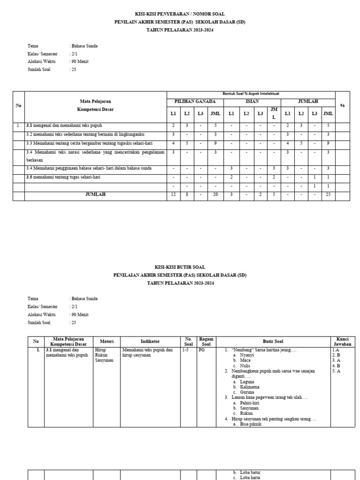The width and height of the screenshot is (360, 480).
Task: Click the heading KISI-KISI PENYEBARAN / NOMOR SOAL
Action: tap(180, 14)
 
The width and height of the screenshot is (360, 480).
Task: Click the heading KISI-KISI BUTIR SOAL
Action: tap(180, 267)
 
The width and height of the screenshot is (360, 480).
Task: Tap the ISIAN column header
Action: tap(252, 101)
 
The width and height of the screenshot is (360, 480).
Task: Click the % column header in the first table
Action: tap(342, 105)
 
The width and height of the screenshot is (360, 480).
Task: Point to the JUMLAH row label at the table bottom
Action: tap(96, 195)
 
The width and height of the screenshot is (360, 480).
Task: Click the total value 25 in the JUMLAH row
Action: tap(328, 195)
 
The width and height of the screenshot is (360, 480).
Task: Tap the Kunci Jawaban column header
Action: tap(342, 341)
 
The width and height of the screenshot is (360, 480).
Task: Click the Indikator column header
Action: tap(150, 341)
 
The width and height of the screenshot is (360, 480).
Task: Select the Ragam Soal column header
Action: tap(206, 341)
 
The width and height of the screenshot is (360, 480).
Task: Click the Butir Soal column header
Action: tap(273, 341)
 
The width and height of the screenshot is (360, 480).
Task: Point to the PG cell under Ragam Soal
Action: tap(202, 350)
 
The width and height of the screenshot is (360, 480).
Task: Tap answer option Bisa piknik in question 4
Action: tap(250, 425)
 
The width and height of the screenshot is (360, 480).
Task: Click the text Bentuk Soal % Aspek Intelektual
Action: tap(251, 94)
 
